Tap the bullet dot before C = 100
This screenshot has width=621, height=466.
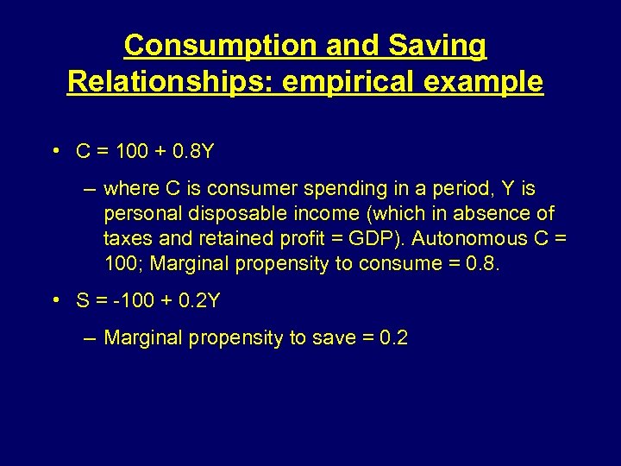(54, 151)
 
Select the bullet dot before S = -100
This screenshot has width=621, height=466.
(54, 300)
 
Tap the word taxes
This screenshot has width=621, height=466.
(126, 238)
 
